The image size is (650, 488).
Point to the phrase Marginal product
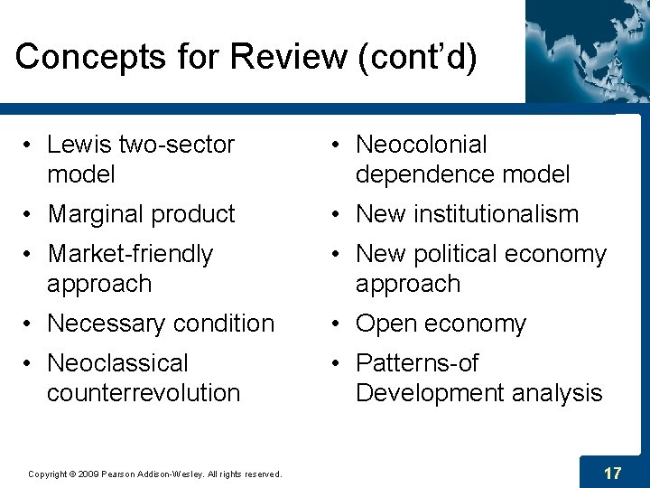click(x=141, y=214)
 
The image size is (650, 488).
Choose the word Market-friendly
click(x=130, y=255)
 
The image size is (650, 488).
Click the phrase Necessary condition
click(x=161, y=324)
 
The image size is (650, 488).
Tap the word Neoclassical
click(x=117, y=363)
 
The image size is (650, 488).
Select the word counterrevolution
click(x=144, y=393)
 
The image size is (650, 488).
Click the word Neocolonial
click(x=422, y=145)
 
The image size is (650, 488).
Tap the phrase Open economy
click(x=441, y=324)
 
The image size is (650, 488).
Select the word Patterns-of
click(x=417, y=363)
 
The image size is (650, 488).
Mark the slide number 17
click(x=612, y=473)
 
